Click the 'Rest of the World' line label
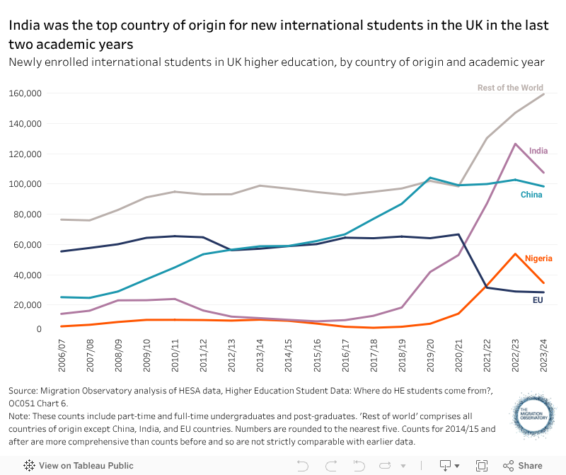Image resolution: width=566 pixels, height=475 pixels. click(x=510, y=88)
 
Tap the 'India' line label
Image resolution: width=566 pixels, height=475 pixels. click(x=538, y=151)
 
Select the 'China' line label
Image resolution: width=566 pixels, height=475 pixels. click(x=532, y=195)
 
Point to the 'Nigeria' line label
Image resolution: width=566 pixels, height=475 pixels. click(x=538, y=258)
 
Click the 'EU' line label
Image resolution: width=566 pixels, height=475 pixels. click(x=538, y=301)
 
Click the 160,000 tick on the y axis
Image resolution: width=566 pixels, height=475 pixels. click(x=25, y=93)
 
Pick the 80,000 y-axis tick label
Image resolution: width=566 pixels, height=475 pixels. click(x=27, y=214)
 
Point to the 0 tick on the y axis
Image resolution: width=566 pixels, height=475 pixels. click(x=40, y=329)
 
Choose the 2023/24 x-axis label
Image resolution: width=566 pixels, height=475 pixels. click(x=543, y=357)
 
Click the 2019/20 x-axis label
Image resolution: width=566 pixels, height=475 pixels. click(x=429, y=357)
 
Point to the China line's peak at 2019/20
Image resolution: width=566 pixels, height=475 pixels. click(x=429, y=178)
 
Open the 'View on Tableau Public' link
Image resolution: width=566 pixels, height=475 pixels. click(x=78, y=466)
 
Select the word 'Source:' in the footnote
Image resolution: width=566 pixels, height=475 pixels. click(x=25, y=391)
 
